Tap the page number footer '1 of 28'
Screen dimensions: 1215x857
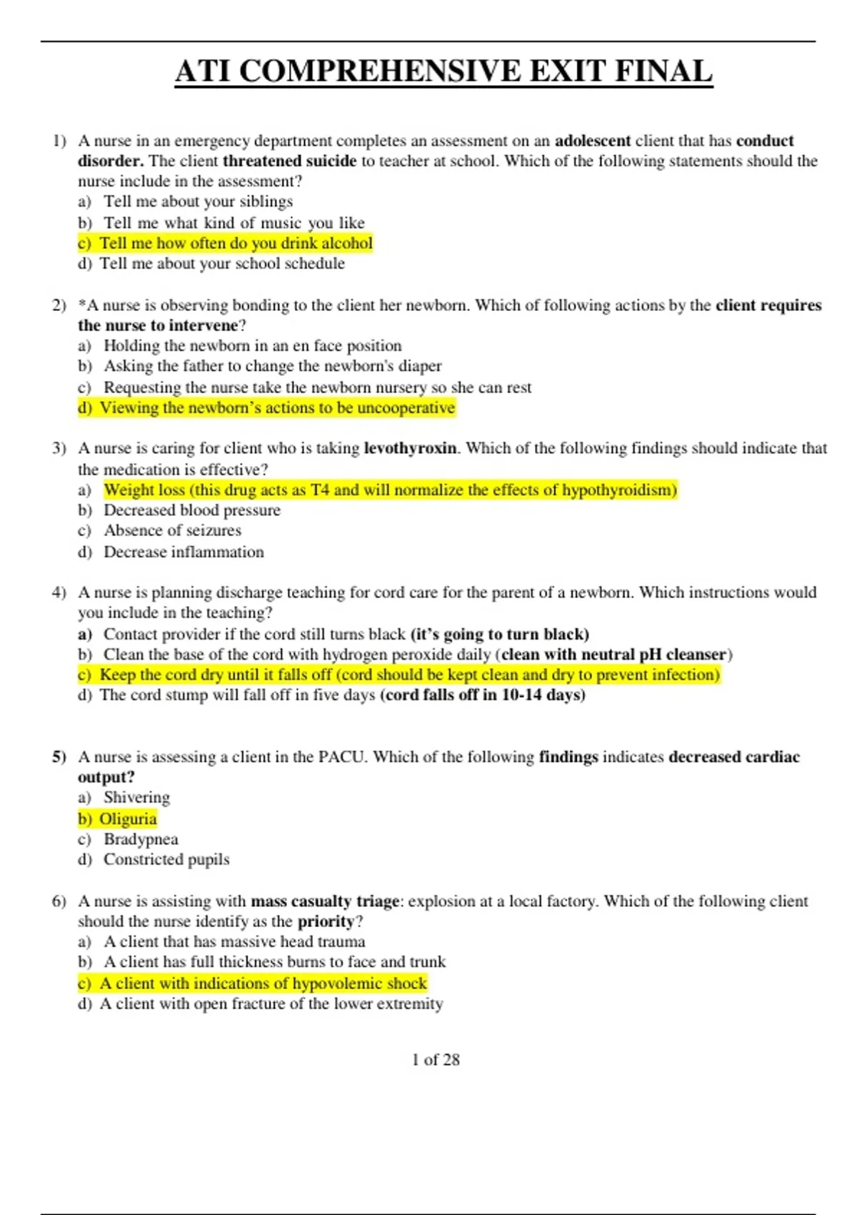(x=436, y=1060)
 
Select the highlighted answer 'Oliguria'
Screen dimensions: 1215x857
(x=128, y=819)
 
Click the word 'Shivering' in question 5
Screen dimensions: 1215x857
(x=136, y=798)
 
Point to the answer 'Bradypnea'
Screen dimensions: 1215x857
(x=141, y=839)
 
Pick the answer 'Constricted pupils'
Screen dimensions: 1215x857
(x=166, y=860)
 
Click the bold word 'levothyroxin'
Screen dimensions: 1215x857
(x=410, y=448)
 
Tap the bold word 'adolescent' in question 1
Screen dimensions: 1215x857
(x=593, y=141)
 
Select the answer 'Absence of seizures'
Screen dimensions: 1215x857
(x=172, y=530)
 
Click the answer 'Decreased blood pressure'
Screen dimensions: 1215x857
(x=191, y=510)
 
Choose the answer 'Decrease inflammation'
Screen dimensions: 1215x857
(x=184, y=552)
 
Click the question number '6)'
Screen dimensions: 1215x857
(x=59, y=901)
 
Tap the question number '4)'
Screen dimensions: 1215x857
(x=59, y=592)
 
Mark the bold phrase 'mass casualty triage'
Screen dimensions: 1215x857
(x=325, y=901)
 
